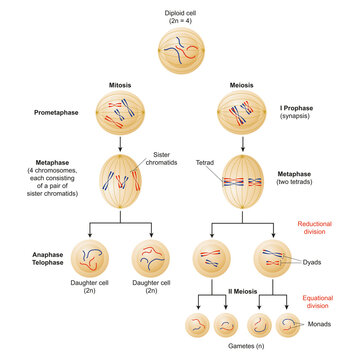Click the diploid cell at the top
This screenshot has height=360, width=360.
(180, 55)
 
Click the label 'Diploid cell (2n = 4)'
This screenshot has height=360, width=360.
(180, 16)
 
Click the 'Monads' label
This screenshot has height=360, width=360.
(325, 325)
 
